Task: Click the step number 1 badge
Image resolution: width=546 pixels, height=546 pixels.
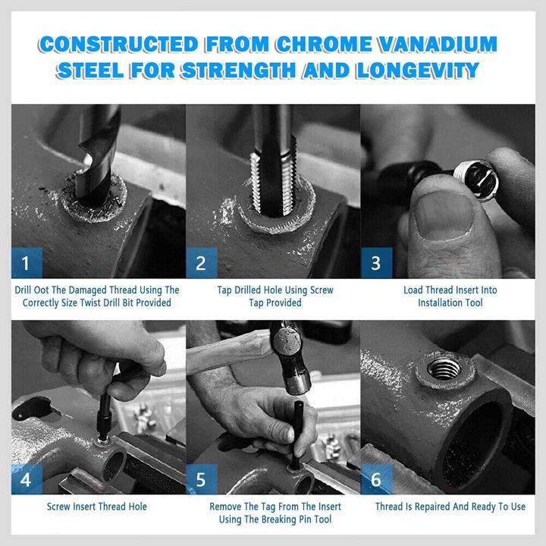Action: tap(27, 263)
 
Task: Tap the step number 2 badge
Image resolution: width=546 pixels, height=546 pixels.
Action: tap(201, 263)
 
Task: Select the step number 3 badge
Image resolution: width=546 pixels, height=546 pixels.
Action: tap(376, 263)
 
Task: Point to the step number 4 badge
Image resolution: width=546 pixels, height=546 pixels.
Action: tap(27, 479)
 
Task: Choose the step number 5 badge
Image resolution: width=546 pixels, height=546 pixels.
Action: tap(201, 479)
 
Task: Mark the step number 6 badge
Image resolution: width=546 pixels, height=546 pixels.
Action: tap(376, 479)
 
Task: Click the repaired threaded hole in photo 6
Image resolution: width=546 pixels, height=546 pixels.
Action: tap(444, 369)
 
